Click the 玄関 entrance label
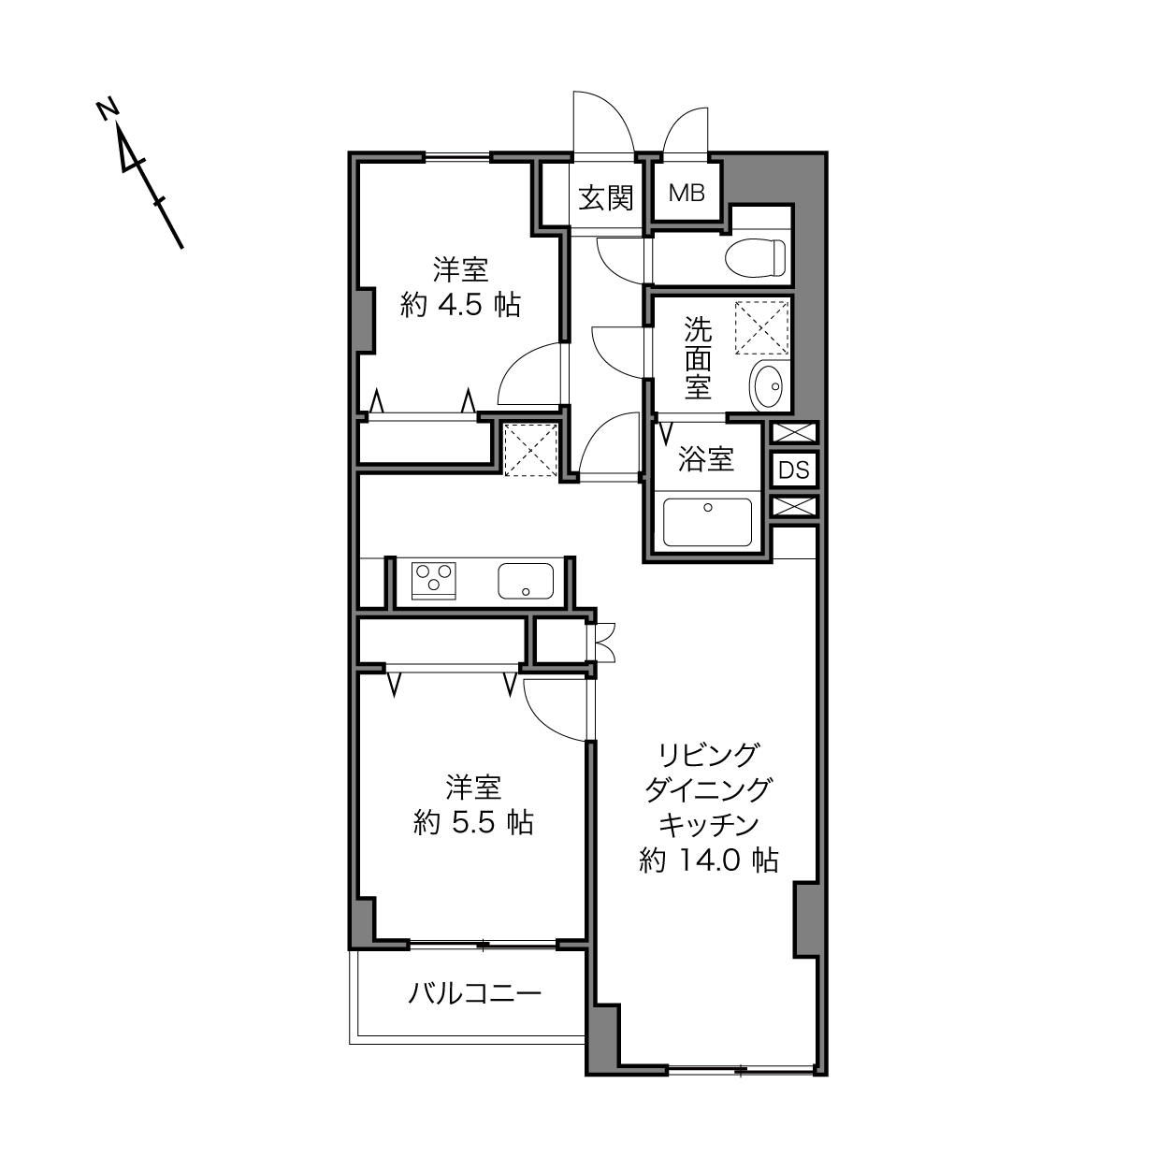(x=605, y=198)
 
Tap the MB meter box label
(x=687, y=193)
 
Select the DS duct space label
(x=794, y=470)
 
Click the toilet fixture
(x=756, y=256)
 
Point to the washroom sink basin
(x=768, y=384)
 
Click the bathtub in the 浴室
(x=707, y=522)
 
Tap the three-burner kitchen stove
(x=433, y=580)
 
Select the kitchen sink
(x=526, y=581)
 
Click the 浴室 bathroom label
(x=706, y=459)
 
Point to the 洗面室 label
(x=699, y=358)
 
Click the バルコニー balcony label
(x=474, y=994)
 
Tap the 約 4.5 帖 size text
(x=460, y=305)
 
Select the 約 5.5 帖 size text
(x=473, y=823)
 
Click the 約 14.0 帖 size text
(x=709, y=860)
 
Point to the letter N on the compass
(x=108, y=109)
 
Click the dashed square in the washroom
(x=762, y=327)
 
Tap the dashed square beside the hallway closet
(x=531, y=450)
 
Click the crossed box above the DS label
(x=794, y=433)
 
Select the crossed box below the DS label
(x=794, y=506)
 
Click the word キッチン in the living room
(x=709, y=825)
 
